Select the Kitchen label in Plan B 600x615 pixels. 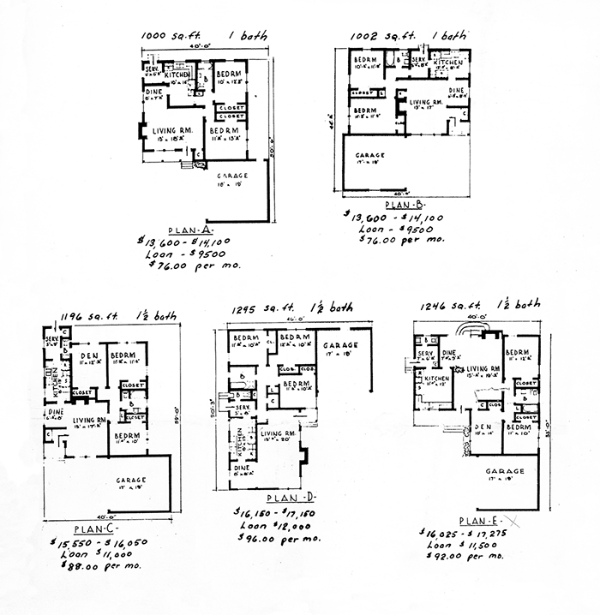tap(448, 63)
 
